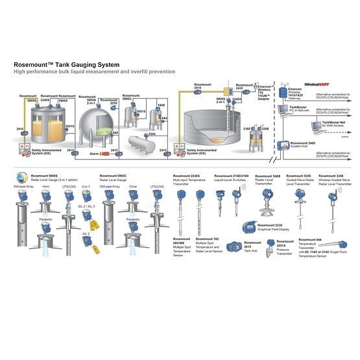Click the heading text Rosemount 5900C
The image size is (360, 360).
click(114, 175)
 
